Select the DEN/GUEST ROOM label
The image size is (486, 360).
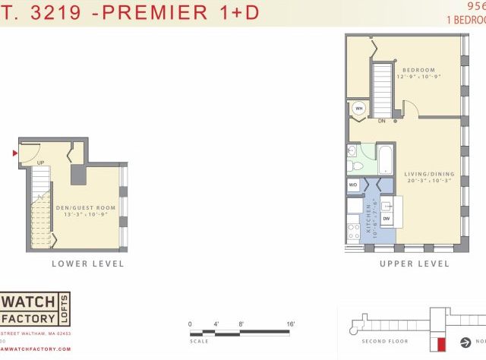85,207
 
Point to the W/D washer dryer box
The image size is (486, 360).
353,185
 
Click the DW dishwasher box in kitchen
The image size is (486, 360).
387,218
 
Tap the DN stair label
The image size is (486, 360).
381,121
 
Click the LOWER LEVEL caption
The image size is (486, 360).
87,264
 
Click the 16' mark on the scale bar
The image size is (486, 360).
290,324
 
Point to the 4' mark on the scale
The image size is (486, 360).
216,324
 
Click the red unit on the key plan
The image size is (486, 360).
431,344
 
